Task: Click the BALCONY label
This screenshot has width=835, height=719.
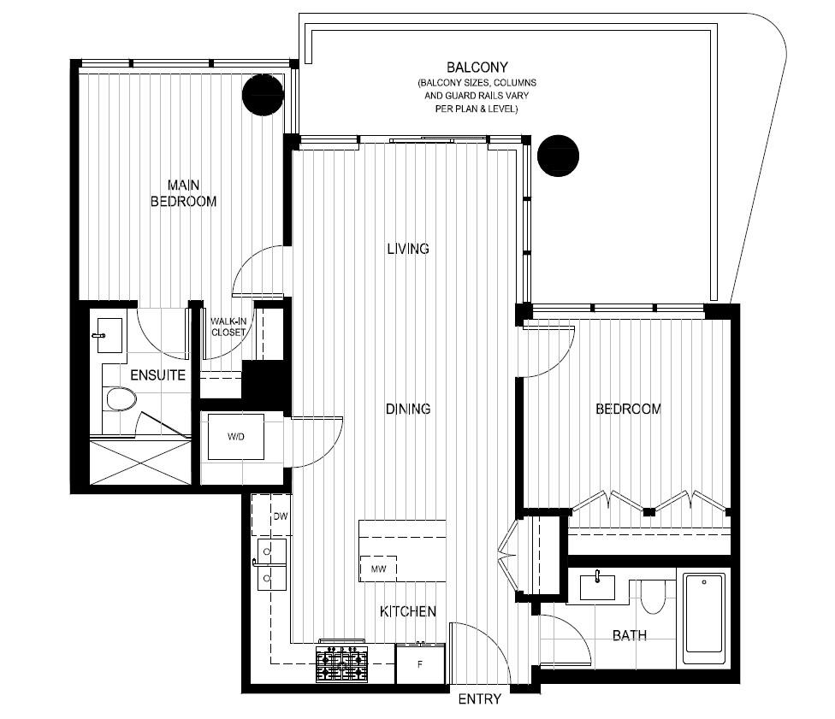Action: pos(477,68)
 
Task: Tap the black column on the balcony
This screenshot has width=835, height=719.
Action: pos(558,156)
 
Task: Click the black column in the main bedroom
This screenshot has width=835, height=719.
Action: pos(263,94)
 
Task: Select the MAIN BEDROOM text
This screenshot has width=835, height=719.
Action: pos(184,193)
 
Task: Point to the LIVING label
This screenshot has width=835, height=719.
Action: pos(408,249)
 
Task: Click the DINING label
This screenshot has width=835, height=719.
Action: pos(408,409)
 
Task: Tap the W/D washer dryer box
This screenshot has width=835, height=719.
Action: pos(236,436)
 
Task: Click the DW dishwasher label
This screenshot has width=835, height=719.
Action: pos(280,516)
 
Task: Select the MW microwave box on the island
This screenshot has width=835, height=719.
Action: pos(379,569)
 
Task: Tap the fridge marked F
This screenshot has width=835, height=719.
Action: pos(420,663)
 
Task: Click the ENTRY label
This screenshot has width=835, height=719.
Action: pos(479,699)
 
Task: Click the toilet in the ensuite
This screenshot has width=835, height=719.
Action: pos(121,399)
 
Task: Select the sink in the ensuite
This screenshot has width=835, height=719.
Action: pos(110,335)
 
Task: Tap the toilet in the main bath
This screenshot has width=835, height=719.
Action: pos(652,596)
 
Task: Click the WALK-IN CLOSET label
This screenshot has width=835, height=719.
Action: pos(228,327)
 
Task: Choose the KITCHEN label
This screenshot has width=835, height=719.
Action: pos(408,611)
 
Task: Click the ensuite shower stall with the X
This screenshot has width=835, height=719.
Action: pos(140,462)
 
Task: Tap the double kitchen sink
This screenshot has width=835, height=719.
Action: pos(271,564)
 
